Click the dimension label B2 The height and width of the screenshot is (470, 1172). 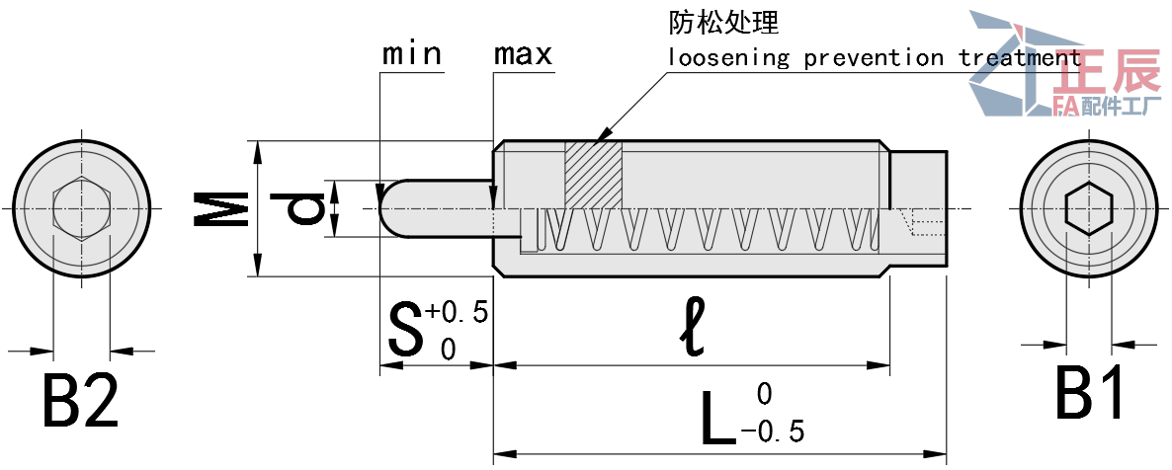point(81,400)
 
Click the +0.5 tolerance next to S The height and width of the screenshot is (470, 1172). point(457,313)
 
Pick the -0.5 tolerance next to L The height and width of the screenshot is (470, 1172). point(772,431)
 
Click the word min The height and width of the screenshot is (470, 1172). point(412,53)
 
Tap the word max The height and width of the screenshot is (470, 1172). point(523,53)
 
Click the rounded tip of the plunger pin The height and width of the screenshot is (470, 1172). point(388,208)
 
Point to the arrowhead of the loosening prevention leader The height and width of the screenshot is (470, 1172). point(600,138)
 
